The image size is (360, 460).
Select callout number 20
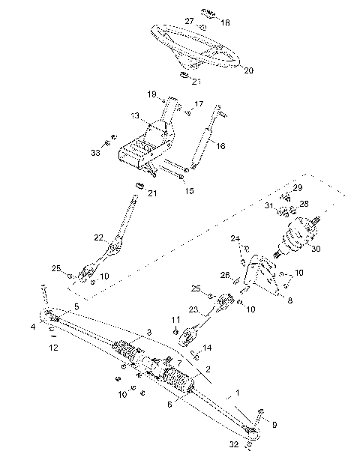[x=249, y=70]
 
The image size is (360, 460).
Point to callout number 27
[x=190, y=20]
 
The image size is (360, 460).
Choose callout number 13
[x=135, y=116]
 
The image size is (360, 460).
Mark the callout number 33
[x=95, y=153]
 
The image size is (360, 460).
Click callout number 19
[x=151, y=94]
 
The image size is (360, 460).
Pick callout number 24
[x=235, y=239]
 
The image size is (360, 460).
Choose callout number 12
[x=52, y=348]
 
